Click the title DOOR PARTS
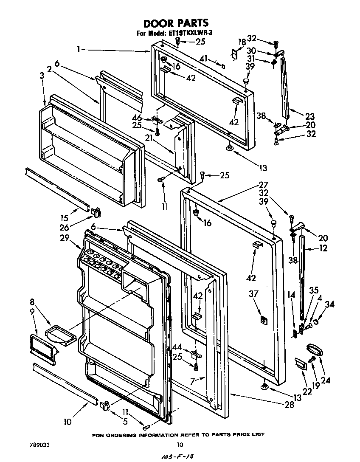[x=175, y=23]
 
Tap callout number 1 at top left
[x=79, y=49]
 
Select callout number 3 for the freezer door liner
[x=41, y=76]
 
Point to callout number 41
[x=204, y=59]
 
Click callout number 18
[x=242, y=42]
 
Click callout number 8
[x=32, y=302]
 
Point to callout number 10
[x=68, y=422]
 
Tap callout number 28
[x=289, y=405]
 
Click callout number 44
[x=177, y=347]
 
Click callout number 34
[x=329, y=304]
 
